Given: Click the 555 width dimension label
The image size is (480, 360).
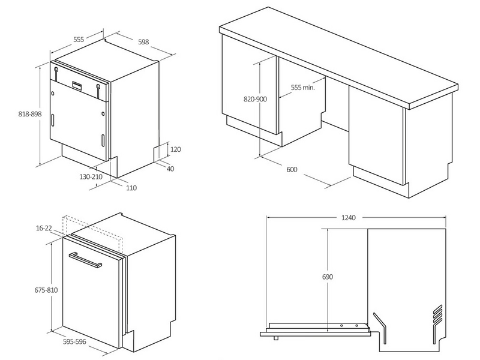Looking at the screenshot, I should pos(79,39).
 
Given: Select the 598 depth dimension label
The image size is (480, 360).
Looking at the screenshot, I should pos(143,42).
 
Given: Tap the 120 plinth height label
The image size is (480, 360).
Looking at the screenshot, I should pos(175,149).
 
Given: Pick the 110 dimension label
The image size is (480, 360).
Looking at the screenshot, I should pos(131,188).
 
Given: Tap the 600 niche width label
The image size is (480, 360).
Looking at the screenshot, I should pos(292,170).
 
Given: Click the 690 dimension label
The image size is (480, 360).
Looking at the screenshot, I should pos(327,277).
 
